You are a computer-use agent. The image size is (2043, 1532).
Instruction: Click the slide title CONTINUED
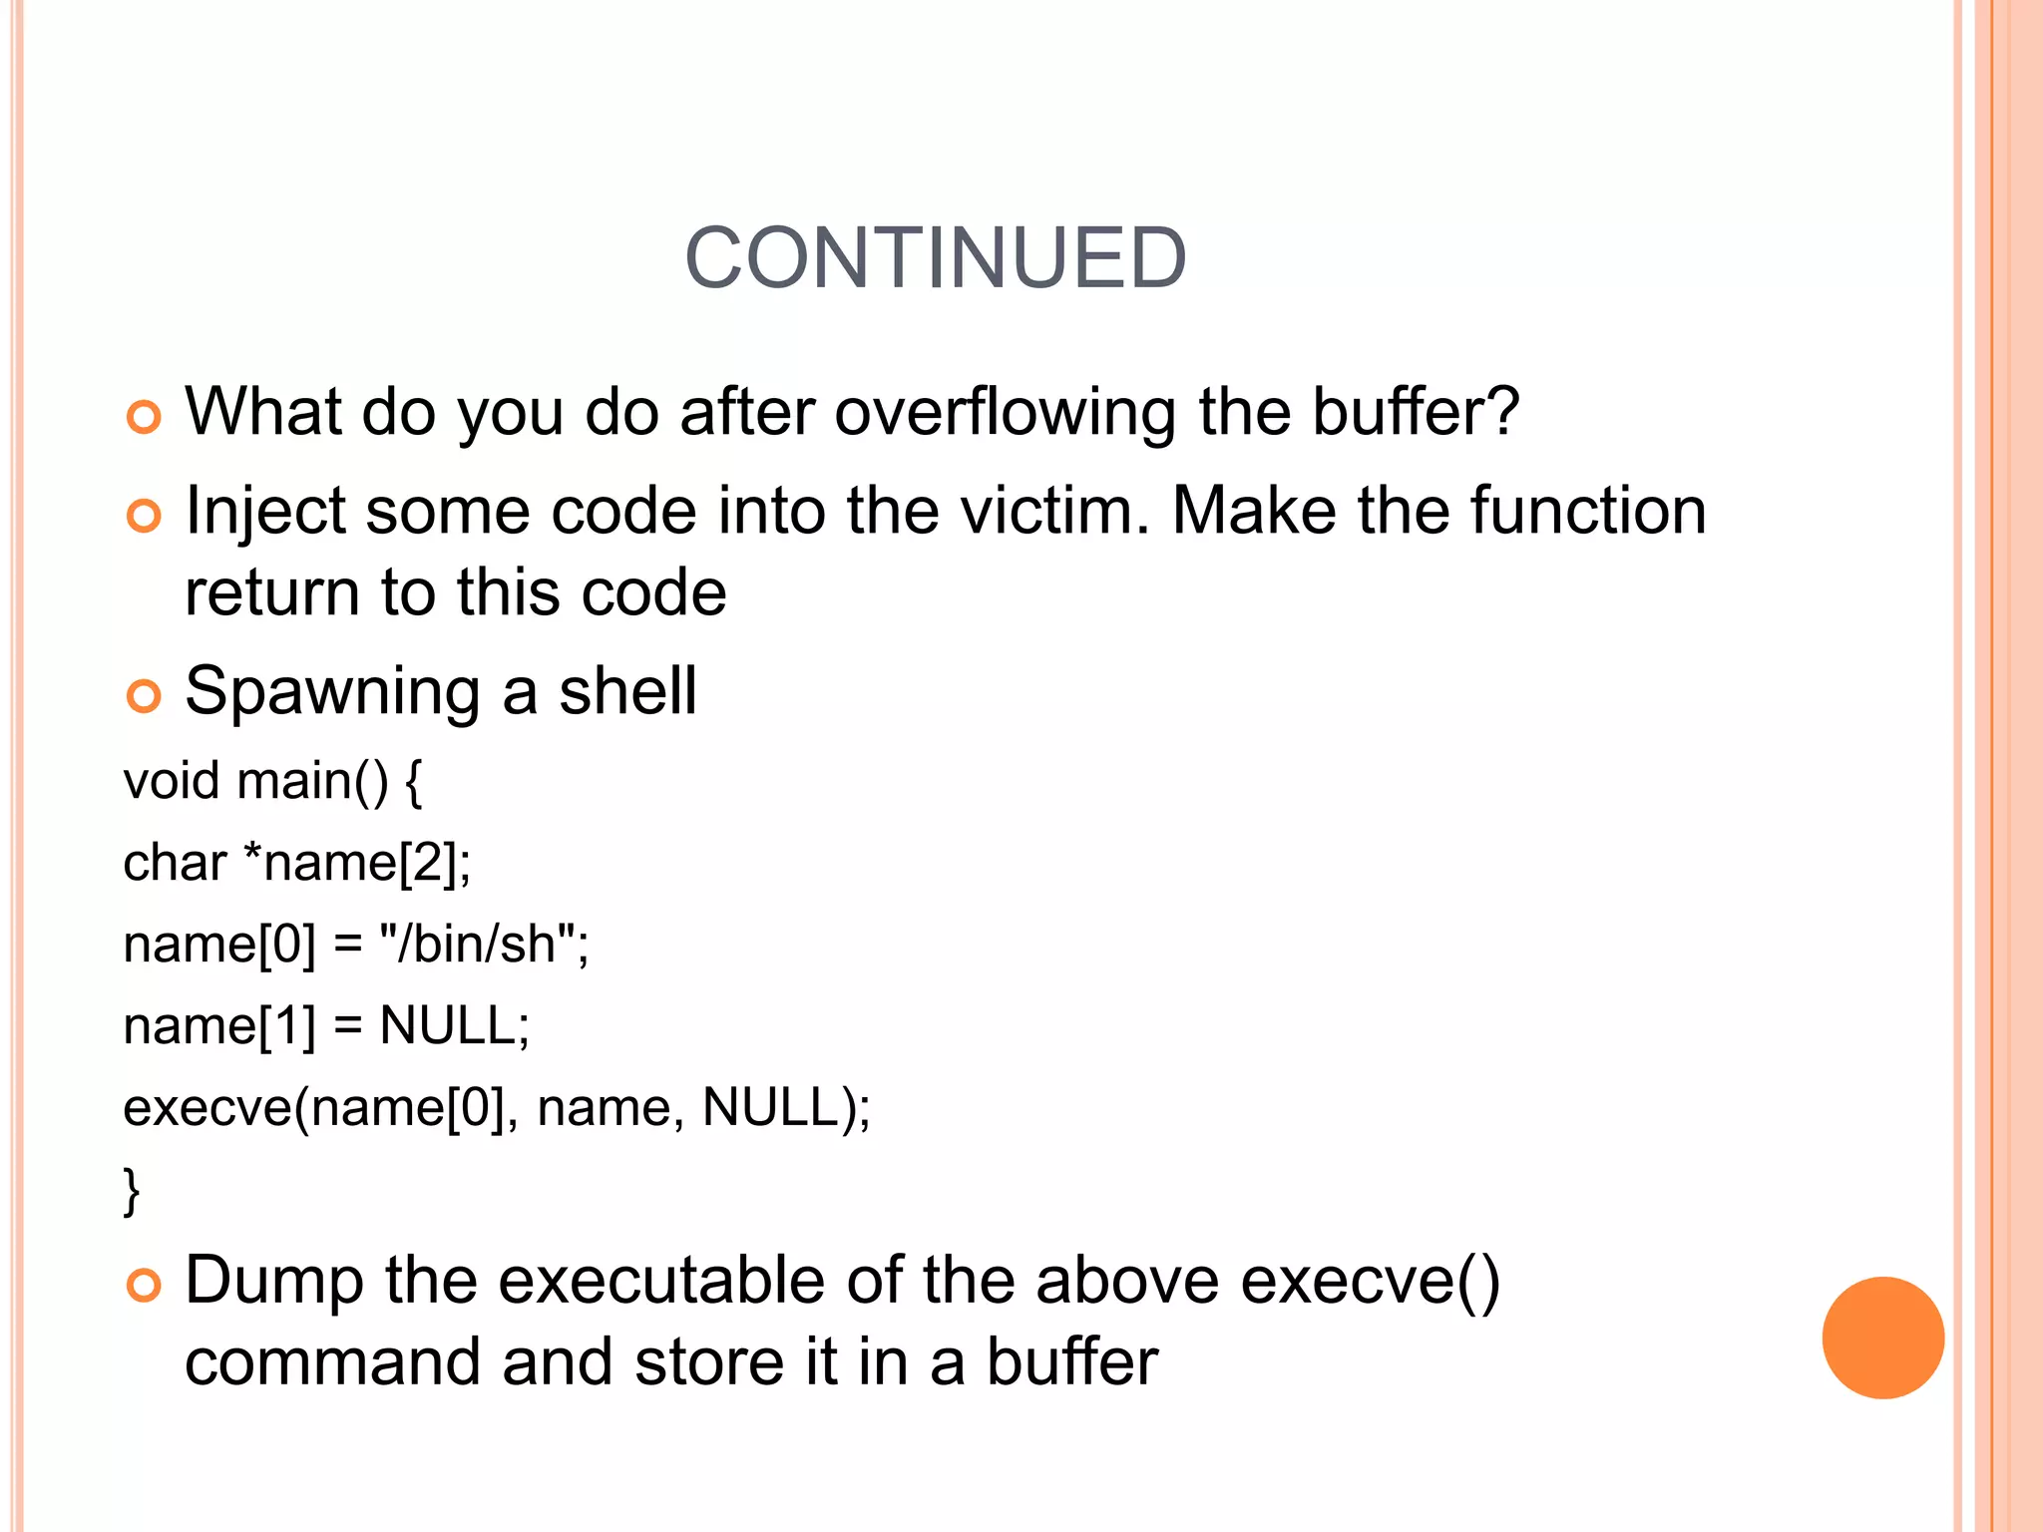click(935, 258)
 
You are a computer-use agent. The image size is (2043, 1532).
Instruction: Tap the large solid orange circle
click(1882, 1338)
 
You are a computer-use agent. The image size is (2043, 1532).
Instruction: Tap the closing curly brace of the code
click(132, 1190)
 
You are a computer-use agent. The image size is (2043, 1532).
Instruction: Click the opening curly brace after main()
click(414, 782)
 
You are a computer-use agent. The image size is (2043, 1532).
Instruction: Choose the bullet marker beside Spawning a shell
click(144, 696)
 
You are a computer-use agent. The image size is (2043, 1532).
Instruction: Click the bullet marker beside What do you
click(144, 417)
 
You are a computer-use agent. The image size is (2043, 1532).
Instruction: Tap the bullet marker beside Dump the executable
click(144, 1286)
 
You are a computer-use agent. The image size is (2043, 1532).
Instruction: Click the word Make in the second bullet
click(1253, 511)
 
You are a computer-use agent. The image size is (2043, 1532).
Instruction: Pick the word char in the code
click(175, 862)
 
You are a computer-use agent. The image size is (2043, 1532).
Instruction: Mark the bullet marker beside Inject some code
click(144, 516)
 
